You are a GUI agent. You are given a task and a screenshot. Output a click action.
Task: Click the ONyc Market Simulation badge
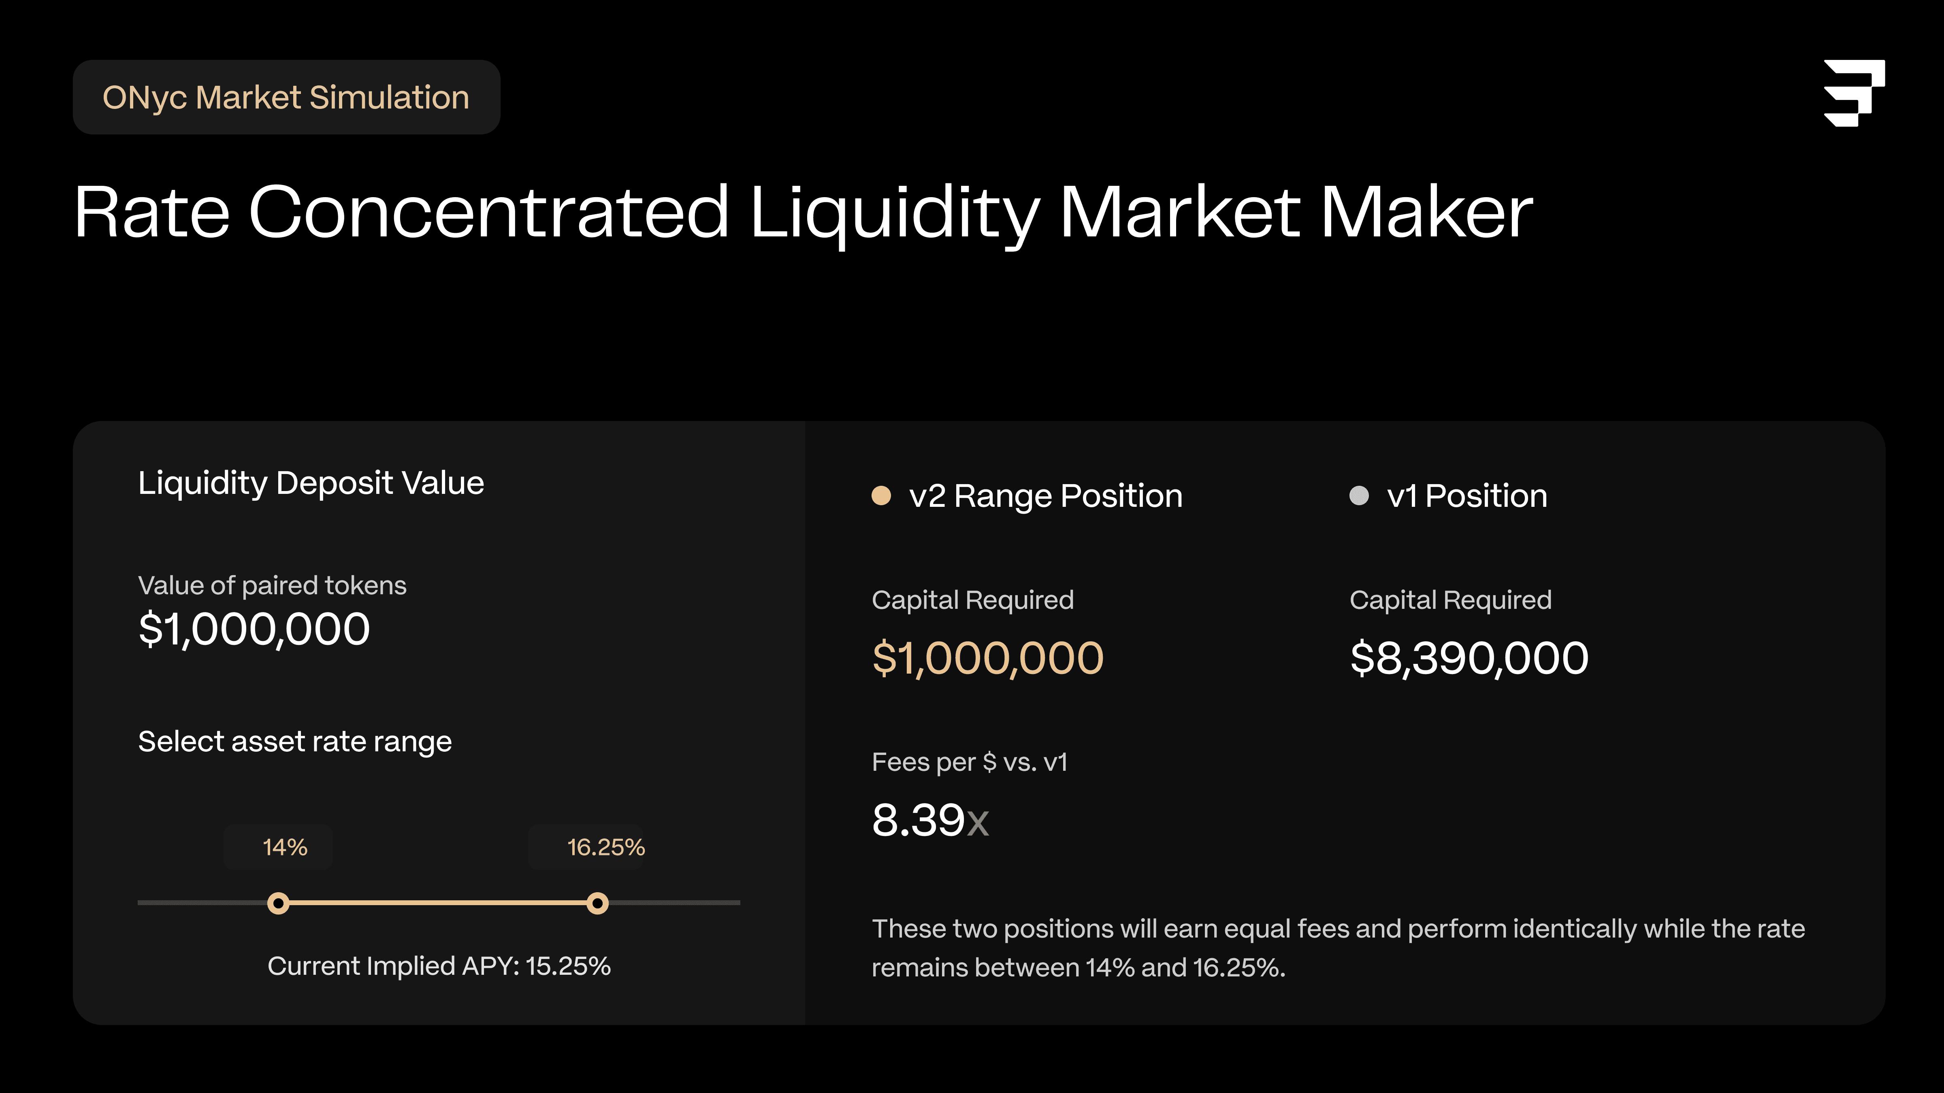tap(286, 97)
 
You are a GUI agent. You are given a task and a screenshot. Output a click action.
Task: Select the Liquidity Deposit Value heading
tap(311, 483)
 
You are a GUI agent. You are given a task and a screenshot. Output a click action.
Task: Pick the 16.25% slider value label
tap(606, 847)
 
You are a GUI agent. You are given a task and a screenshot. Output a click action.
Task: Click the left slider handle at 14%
tap(279, 903)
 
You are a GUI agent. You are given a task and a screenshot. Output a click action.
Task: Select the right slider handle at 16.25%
tap(598, 903)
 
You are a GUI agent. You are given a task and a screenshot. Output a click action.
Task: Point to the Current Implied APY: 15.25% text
tap(439, 966)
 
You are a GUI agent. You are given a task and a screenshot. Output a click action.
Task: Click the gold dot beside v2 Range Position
tap(881, 495)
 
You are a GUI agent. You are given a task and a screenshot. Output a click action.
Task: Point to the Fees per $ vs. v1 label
tap(970, 763)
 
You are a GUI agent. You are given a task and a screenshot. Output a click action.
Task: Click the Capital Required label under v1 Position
tap(1450, 600)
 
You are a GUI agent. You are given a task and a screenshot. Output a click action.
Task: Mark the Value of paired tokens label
tap(273, 586)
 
